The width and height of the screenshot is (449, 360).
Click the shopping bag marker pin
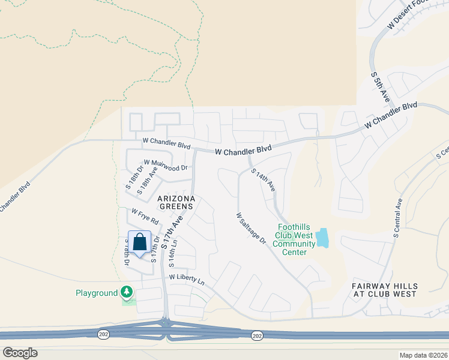pyautogui.click(x=139, y=243)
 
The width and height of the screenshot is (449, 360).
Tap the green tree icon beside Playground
pyautogui.click(x=126, y=292)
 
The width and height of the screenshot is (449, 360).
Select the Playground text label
pyautogui.click(x=96, y=293)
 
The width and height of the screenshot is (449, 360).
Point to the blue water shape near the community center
pyautogui.click(x=323, y=238)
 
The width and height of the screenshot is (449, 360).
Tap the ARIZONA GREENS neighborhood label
pyautogui.click(x=175, y=202)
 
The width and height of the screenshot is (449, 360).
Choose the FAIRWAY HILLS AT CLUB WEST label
pyautogui.click(x=384, y=290)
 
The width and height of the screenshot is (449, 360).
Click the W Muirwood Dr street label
pyautogui.click(x=166, y=165)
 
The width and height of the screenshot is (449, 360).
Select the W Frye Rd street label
pyautogui.click(x=145, y=216)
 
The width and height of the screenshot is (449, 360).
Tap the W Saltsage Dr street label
pyautogui.click(x=251, y=229)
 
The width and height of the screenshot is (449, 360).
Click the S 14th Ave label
pyautogui.click(x=264, y=180)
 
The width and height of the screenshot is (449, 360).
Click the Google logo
pyautogui.click(x=20, y=352)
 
